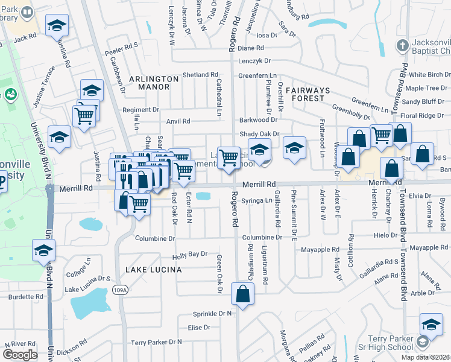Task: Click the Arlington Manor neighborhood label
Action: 153,83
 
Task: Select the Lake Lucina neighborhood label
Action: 153,269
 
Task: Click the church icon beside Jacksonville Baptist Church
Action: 403,45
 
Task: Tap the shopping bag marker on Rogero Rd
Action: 242,295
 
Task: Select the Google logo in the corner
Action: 20,354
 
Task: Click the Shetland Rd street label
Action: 201,75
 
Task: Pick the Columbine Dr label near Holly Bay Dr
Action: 155,238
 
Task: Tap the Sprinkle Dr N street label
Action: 212,314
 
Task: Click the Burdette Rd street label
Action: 25,297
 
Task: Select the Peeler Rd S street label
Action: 123,45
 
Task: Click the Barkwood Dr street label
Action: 257,120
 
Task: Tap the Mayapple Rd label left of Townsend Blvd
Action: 317,249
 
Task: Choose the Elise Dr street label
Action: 199,328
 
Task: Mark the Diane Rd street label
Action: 251,48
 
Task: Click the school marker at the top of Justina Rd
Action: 57,25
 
